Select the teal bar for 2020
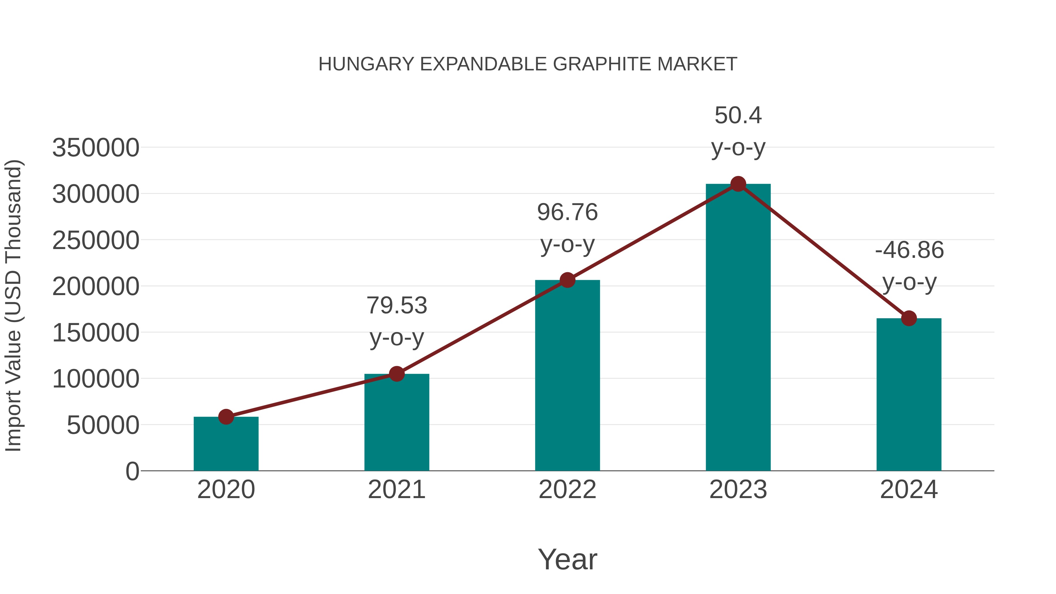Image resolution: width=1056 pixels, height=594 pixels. pos(226,445)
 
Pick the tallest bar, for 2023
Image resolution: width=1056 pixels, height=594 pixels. pos(738,328)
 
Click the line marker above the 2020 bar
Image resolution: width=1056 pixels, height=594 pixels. pos(226,417)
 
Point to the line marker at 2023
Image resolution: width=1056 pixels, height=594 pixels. pos(738,184)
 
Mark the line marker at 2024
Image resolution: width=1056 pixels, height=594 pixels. pos(909,318)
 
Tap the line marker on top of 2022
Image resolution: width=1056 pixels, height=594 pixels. pos(567,280)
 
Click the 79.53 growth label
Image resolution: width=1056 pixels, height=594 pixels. pos(396,306)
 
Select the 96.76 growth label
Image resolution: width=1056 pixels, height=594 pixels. pos(567,212)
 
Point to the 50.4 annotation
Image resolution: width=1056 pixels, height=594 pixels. pos(738,115)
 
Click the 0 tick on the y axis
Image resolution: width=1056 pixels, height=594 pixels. pos(132,471)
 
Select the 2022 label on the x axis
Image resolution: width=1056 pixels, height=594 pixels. pos(567,490)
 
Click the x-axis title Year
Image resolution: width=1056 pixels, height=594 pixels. pos(567,559)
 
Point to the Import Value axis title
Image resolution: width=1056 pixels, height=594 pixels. pos(13,305)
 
